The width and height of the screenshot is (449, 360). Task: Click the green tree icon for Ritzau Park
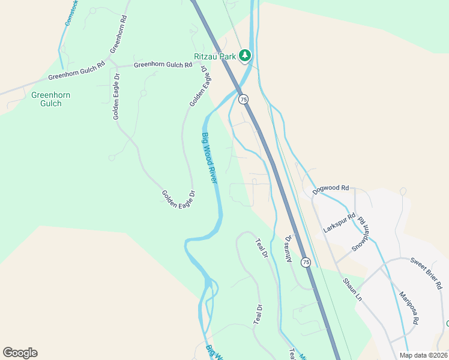[245, 56]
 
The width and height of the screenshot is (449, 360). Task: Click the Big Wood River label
[209, 158]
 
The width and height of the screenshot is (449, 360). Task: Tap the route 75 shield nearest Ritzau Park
[243, 99]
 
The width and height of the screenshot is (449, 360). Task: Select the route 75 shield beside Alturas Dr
[306, 262]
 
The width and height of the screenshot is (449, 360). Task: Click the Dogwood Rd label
[331, 188]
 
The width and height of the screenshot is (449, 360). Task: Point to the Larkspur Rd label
[339, 223]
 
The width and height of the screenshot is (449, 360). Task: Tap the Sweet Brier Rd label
[426, 271]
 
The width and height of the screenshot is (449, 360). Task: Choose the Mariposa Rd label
[408, 308]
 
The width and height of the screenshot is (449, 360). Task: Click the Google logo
[20, 353]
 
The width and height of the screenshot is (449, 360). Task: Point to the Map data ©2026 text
[423, 355]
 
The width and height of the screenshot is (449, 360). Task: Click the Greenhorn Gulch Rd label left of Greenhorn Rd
[76, 76]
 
